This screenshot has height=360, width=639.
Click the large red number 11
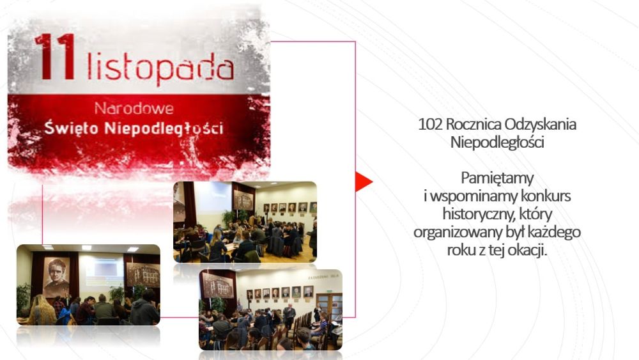click(x=54, y=57)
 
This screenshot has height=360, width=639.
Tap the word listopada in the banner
click(x=160, y=68)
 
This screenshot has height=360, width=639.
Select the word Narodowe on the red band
click(x=134, y=109)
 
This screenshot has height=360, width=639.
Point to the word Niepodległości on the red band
click(x=164, y=128)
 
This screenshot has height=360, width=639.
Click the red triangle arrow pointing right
click(x=364, y=182)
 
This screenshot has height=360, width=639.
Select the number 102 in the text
click(x=430, y=124)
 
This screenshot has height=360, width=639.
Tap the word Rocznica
click(x=473, y=124)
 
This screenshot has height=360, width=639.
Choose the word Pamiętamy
click(x=497, y=178)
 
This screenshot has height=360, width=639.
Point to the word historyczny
click(x=477, y=214)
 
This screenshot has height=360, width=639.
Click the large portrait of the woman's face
click(x=56, y=276)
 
